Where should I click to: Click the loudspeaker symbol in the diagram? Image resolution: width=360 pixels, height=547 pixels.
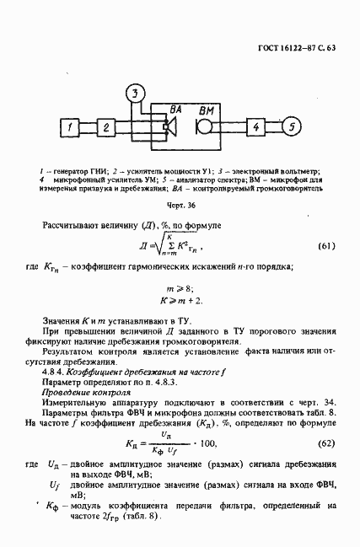[170, 128]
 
